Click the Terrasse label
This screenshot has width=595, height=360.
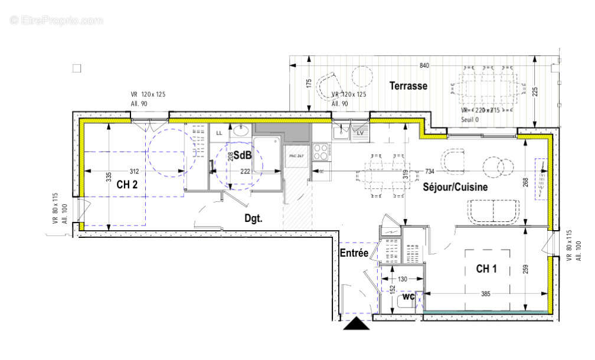click(x=408, y=86)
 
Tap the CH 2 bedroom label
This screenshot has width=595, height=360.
click(x=127, y=185)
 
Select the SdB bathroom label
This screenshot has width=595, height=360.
click(x=242, y=156)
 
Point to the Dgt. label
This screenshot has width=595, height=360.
click(x=254, y=218)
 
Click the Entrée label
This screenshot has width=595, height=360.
click(x=354, y=253)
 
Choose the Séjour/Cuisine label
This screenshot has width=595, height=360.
click(x=455, y=187)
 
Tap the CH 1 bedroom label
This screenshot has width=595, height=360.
click(x=486, y=269)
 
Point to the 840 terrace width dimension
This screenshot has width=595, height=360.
click(x=424, y=66)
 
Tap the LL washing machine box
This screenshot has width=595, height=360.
click(x=219, y=133)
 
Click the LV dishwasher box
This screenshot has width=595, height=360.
click(x=360, y=133)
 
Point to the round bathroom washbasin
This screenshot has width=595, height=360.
click(x=240, y=131)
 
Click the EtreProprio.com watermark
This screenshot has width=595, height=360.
click(x=57, y=20)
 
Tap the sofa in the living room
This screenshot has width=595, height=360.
click(x=494, y=211)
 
